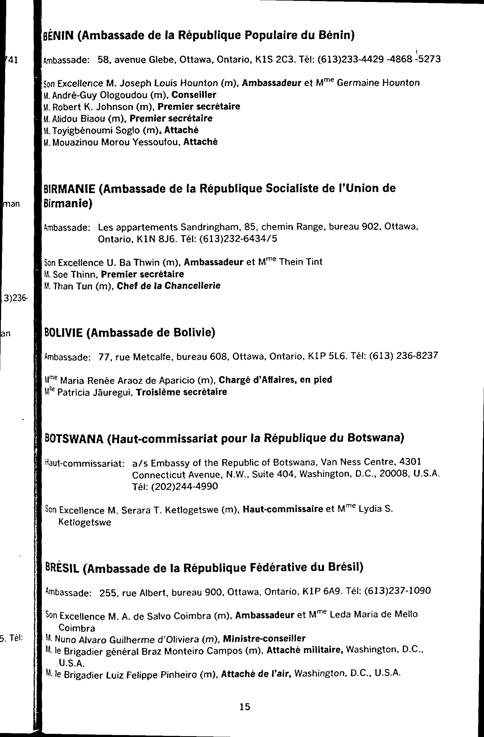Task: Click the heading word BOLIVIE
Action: pos(64,333)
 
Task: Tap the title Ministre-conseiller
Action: pos(264,638)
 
